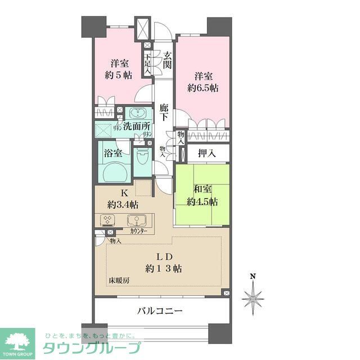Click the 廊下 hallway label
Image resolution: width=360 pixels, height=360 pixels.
click(164, 112)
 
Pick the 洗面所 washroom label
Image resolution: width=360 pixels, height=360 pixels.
click(137, 128)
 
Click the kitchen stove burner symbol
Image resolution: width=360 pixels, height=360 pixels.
click(107, 220)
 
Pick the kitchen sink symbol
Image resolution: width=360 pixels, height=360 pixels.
click(137, 220)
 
